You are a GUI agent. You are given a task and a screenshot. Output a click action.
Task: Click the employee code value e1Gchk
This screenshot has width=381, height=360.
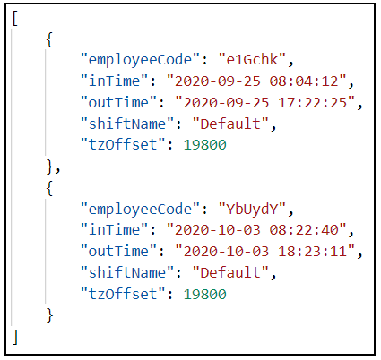[x=252, y=59]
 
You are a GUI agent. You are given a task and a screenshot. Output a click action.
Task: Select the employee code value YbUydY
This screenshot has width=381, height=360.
[x=252, y=209]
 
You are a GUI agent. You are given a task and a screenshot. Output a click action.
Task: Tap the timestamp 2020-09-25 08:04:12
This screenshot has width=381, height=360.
[x=256, y=81]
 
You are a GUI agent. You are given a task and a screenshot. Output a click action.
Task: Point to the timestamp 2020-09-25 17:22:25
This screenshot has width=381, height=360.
[x=265, y=102]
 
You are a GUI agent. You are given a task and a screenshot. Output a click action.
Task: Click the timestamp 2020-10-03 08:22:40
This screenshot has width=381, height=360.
[x=256, y=230]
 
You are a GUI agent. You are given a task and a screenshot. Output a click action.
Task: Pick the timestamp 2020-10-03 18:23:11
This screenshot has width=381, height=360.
[x=265, y=251]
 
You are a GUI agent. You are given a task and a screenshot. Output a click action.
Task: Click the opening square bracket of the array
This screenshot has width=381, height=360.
[x=15, y=19]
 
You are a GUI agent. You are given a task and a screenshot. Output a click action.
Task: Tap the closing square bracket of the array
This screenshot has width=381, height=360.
[x=15, y=337]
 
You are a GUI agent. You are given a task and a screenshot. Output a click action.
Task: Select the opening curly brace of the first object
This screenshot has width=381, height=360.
[x=49, y=39]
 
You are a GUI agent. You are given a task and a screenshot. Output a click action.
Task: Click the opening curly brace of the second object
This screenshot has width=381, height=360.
[x=49, y=188]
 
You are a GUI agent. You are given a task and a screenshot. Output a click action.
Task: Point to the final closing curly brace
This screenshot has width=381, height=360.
[x=49, y=315]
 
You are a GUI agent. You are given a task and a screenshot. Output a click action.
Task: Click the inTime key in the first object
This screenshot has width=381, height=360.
[x=115, y=81]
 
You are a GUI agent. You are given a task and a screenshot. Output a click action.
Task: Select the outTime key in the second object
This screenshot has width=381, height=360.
[x=118, y=251]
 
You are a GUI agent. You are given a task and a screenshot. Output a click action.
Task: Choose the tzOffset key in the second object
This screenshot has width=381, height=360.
[x=123, y=294]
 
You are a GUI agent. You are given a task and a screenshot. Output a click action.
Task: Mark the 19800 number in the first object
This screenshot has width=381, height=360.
[x=205, y=145]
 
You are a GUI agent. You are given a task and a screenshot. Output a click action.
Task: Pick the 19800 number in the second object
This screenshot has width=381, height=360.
[x=205, y=294]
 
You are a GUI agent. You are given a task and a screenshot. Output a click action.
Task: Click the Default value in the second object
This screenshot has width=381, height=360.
[x=230, y=272]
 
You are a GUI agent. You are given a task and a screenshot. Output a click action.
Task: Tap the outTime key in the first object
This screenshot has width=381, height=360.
[x=118, y=102]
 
